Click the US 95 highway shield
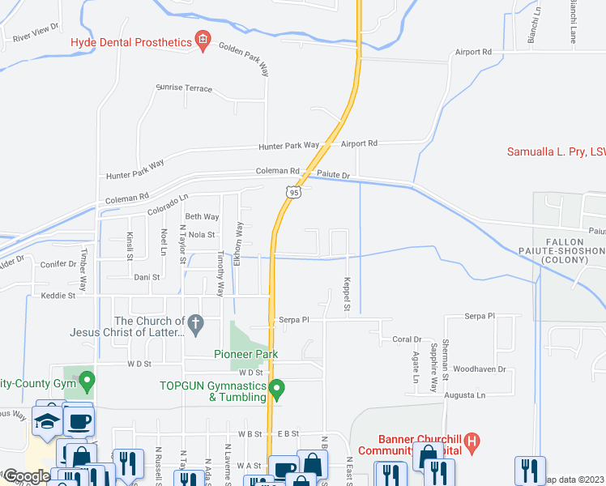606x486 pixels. coord(292,191)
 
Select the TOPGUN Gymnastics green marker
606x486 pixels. coord(277,390)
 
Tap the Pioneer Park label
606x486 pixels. coord(245,354)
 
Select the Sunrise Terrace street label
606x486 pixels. coord(184,88)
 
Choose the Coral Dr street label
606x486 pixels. coord(407,339)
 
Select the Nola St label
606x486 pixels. coord(200,235)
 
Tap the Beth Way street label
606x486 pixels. coord(202,216)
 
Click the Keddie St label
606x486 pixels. coord(58,296)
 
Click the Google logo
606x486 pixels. coord(27,475)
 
